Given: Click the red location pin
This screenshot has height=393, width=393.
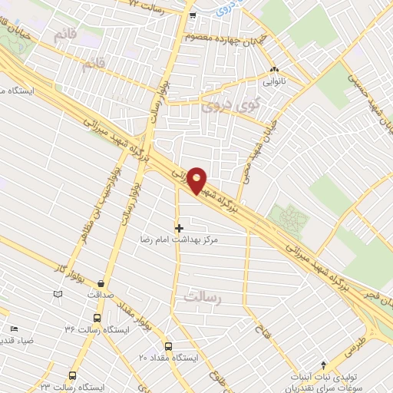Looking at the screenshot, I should [x=197, y=180].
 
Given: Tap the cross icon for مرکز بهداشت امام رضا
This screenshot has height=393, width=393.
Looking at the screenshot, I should [x=180, y=228].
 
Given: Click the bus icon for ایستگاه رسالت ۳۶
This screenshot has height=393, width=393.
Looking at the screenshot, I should [x=97, y=317].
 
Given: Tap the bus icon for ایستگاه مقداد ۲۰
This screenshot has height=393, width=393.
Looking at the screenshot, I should [x=169, y=346].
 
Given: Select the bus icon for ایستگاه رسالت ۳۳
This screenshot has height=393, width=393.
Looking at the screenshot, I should [x=72, y=375].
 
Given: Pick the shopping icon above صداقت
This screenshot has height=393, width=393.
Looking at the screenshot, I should [x=101, y=282].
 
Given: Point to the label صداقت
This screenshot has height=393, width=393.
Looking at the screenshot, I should [x=101, y=294].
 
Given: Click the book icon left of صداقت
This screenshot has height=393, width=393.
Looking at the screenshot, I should [x=58, y=293].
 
